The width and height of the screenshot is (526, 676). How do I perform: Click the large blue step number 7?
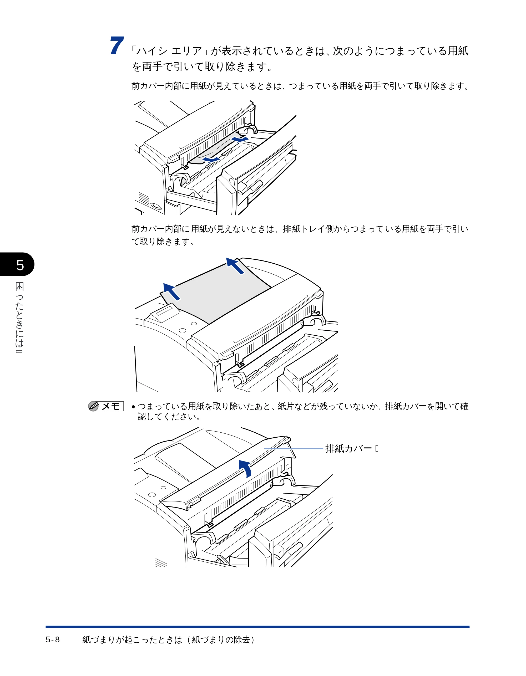click(117, 45)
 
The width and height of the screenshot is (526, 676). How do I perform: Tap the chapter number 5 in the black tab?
click(20, 265)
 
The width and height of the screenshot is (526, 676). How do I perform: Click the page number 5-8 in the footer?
click(53, 639)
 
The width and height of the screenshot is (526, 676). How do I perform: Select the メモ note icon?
click(106, 406)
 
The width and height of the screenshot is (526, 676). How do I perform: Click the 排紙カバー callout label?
click(348, 448)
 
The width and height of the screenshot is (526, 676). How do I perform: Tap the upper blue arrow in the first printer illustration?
click(240, 138)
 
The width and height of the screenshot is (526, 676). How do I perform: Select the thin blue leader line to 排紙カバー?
click(294, 448)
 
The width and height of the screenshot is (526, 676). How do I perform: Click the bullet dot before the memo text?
click(133, 407)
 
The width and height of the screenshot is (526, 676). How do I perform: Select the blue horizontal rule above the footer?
click(257, 627)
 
